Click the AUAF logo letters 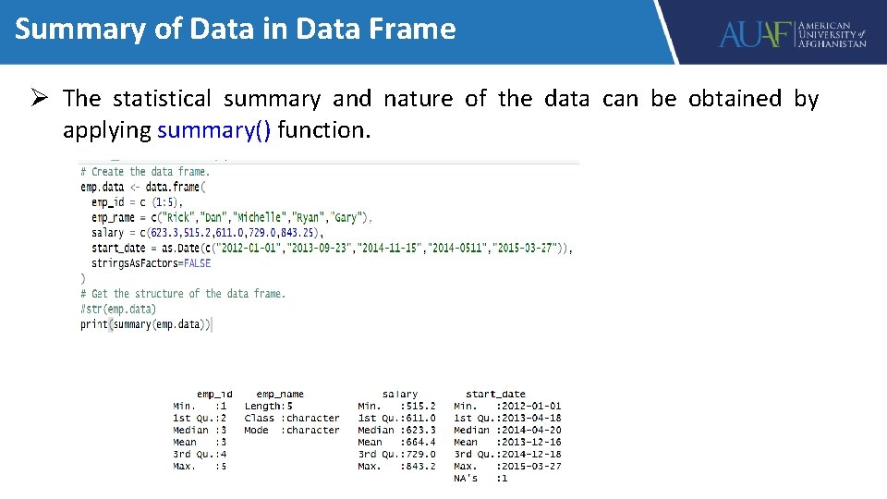pyautogui.click(x=756, y=35)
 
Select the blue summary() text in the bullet pyautogui.click(x=214, y=130)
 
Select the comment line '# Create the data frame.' pyautogui.click(x=145, y=172)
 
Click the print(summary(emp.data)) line pyautogui.click(x=146, y=324)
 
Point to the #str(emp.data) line pyautogui.click(x=118, y=309)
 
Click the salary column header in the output pyautogui.click(x=400, y=395)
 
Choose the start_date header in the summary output pyautogui.click(x=495, y=395)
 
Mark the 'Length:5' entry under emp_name pyautogui.click(x=269, y=407)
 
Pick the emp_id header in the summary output pyautogui.click(x=214, y=395)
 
